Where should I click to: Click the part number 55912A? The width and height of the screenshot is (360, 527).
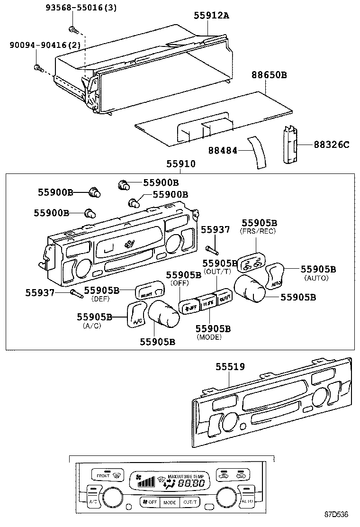tap(211, 16)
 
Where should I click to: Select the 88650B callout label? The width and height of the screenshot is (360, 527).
tap(269, 75)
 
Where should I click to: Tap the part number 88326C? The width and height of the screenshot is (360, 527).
tap(331, 145)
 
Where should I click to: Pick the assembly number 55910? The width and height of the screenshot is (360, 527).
tap(180, 164)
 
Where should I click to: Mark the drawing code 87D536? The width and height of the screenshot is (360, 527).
tap(336, 514)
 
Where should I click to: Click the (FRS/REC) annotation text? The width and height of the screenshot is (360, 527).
tap(258, 231)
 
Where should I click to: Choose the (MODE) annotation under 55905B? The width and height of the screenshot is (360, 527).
tap(209, 337)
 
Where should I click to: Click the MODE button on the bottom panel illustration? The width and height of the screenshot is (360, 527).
tap(170, 502)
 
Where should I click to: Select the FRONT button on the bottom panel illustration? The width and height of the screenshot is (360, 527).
tap(103, 475)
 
